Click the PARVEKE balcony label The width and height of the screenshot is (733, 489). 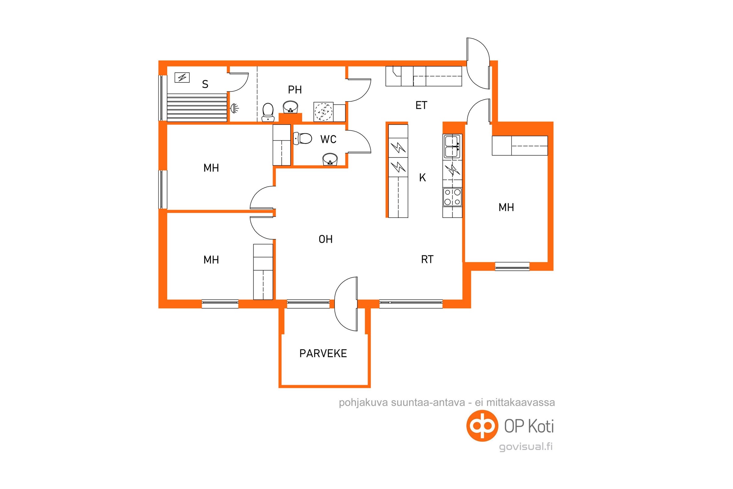coord(323,353)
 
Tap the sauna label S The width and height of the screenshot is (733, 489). coord(205,84)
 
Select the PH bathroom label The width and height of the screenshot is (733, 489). coord(295,90)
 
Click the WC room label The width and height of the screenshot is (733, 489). coord(329,139)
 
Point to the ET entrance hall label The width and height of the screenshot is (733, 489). coord(421,105)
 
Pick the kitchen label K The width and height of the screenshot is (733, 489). coord(422,178)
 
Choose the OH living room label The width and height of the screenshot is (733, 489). coord(326,239)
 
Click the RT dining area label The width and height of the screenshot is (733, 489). coord(427,259)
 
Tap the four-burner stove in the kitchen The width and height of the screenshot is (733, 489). coord(452,197)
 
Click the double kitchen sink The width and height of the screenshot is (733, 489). coord(453,147)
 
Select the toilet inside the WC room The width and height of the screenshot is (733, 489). coord(302,138)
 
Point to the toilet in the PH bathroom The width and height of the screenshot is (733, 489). coord(268,112)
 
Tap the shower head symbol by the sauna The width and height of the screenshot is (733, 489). coord(235,108)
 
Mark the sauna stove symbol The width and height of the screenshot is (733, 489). coord(182,77)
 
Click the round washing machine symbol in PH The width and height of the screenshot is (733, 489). coord(323,112)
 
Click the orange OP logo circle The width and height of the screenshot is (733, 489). coord(482,426)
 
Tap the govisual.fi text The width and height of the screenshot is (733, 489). coord(526,447)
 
